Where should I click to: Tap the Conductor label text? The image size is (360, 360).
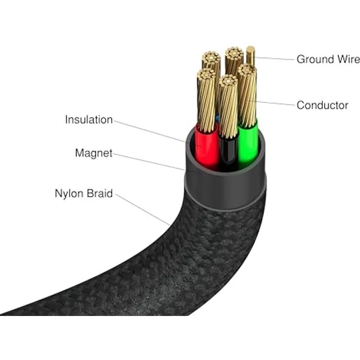click(x=322, y=105)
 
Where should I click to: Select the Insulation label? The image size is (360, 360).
click(x=89, y=120)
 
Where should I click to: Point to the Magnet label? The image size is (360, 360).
click(x=93, y=153)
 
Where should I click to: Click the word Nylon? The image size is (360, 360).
click(x=69, y=194)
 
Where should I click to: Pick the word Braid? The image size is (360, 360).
click(x=100, y=194)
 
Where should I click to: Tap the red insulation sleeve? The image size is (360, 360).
click(x=205, y=147)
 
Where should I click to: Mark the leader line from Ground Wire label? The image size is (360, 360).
click(x=274, y=58)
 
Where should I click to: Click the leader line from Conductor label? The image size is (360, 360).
click(x=274, y=103)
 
